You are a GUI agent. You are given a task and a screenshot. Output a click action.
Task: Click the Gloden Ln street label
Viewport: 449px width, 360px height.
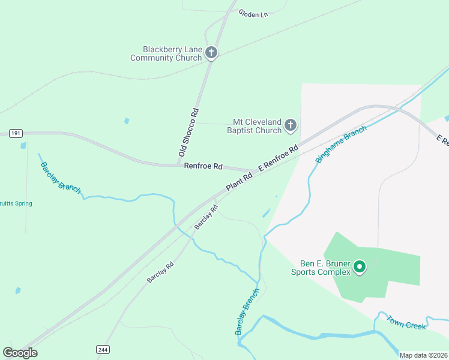253,13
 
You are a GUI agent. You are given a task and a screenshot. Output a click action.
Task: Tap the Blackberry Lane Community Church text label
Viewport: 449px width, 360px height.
166,53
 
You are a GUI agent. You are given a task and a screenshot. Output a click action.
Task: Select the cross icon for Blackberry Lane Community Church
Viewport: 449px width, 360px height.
211,53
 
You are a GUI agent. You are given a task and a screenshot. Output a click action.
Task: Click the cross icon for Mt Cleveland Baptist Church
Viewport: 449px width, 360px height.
291,125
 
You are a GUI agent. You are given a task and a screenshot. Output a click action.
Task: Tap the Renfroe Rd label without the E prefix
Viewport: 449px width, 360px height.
203,166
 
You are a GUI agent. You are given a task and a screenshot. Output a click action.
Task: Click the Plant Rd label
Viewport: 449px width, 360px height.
239,182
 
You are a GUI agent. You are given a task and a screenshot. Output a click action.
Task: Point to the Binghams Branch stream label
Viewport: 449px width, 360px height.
340,145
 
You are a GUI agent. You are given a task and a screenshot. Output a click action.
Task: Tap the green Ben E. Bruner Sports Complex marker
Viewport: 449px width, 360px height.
360,266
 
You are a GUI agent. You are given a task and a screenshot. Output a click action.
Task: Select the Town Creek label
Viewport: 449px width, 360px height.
406,322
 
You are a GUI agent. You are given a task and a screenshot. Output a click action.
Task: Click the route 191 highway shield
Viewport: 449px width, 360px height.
16,134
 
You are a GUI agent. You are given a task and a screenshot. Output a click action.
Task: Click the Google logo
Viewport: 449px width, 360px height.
20,352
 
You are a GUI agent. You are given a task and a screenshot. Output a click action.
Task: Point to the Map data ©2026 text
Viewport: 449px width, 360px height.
423,355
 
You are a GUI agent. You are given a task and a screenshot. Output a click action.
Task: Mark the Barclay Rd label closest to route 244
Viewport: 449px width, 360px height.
160,272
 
